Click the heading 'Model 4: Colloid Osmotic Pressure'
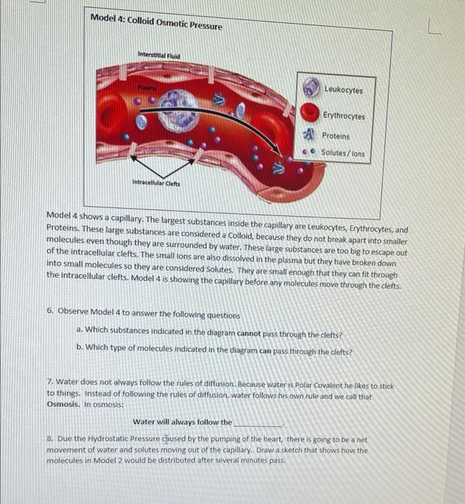tap(156, 22)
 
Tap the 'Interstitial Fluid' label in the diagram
tap(159, 55)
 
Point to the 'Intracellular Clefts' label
tap(156, 183)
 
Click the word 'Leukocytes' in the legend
tap(343, 90)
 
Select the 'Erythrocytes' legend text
tap(343, 116)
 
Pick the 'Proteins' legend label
tap(335, 136)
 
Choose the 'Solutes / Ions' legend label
tap(343, 153)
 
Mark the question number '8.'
tap(50, 437)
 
